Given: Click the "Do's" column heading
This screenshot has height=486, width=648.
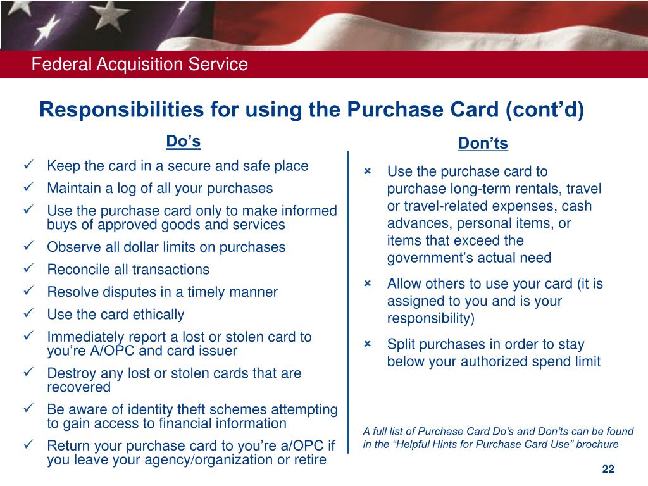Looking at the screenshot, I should click(x=183, y=141).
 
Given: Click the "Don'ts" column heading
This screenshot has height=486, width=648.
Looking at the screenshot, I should click(x=483, y=144).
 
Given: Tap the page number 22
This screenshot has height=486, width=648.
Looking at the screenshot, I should click(x=608, y=469).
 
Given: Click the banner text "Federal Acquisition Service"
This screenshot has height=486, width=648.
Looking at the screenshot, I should click(x=140, y=64).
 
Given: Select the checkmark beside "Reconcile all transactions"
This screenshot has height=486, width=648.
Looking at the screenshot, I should click(x=28, y=269).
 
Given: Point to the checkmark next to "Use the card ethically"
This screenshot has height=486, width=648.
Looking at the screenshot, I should click(x=28, y=314).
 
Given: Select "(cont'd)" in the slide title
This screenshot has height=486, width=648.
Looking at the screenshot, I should click(x=545, y=109).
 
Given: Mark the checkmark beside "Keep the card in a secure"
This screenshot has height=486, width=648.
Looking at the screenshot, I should click(x=28, y=166).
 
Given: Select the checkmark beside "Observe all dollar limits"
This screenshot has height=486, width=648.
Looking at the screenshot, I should click(x=28, y=247).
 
